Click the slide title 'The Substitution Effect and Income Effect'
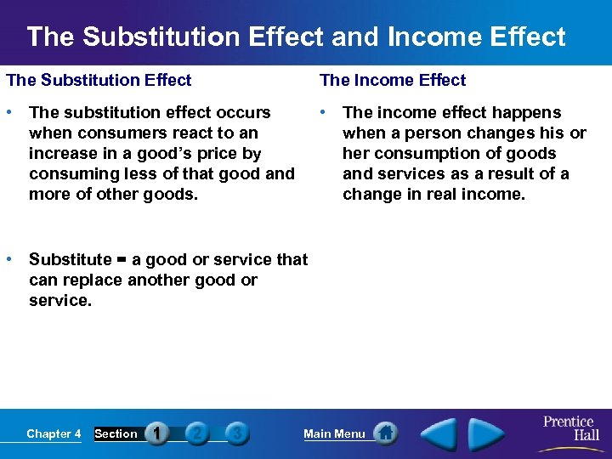click(x=296, y=37)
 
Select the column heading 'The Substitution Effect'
click(x=99, y=80)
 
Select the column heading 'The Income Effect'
click(x=393, y=80)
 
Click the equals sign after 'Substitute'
click(x=122, y=260)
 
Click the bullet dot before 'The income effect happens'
click(x=324, y=112)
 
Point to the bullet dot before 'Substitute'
click(x=9, y=259)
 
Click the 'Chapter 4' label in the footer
click(x=54, y=433)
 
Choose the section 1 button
click(x=156, y=433)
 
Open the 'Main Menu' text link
click(x=334, y=433)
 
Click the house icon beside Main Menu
click(x=386, y=433)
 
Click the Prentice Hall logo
click(x=569, y=428)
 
